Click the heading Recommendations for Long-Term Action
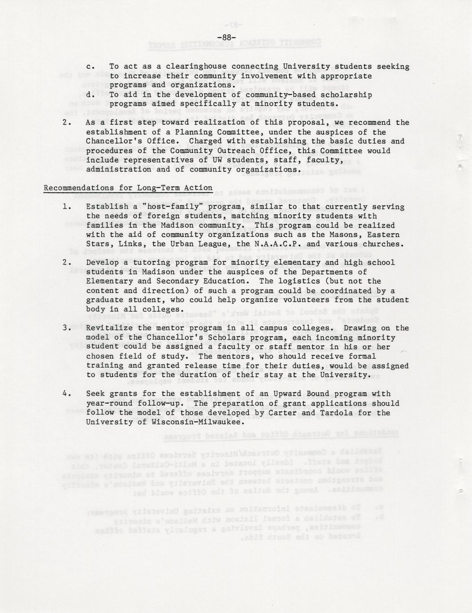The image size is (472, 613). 128,188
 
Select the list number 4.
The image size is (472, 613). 65,394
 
